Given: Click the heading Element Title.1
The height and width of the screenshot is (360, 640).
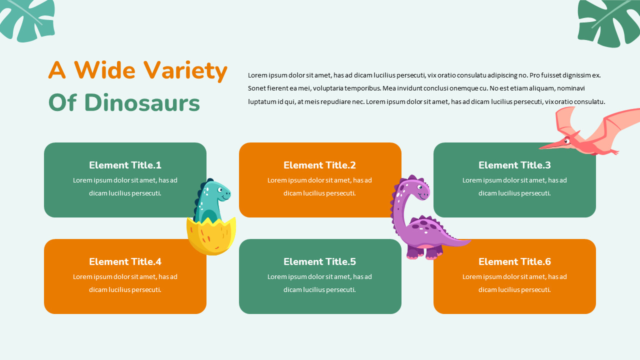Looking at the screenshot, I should (125, 165).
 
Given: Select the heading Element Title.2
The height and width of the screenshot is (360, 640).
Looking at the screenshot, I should (319, 165).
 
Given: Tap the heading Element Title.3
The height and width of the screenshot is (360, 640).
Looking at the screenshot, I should (514, 165).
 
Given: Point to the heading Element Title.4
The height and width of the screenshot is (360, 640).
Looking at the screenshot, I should (125, 261).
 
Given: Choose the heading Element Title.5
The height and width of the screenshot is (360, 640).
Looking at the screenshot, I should (319, 261).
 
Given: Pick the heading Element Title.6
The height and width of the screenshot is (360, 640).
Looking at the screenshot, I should (514, 261).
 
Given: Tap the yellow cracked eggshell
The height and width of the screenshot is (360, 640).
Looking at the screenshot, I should (211, 237).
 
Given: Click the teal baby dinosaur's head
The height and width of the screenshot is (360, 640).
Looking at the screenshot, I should (218, 191).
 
